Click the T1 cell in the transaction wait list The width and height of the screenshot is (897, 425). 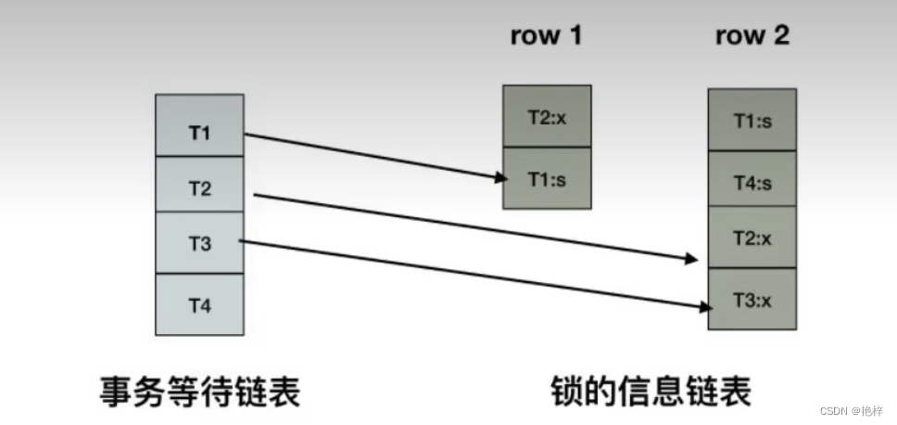coord(199,133)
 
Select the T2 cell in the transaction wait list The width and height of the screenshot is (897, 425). coord(199,188)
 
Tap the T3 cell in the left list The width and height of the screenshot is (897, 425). coord(199,244)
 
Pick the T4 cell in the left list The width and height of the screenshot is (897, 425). coord(199,304)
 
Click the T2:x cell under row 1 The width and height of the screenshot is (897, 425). coord(547,117)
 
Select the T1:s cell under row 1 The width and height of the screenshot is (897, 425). coord(547,179)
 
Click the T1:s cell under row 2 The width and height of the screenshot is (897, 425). coord(752,120)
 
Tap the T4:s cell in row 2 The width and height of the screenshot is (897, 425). coord(752,183)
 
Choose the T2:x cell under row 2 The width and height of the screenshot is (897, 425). coord(752,238)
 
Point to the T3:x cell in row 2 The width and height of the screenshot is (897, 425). coord(752,299)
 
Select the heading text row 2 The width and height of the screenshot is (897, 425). coord(752,36)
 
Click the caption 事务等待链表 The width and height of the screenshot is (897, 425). coord(199,392)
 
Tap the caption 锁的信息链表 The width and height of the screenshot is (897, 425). coord(650,392)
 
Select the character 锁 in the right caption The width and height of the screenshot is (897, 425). coord(566,392)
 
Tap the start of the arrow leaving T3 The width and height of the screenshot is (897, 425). coord(240,241)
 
